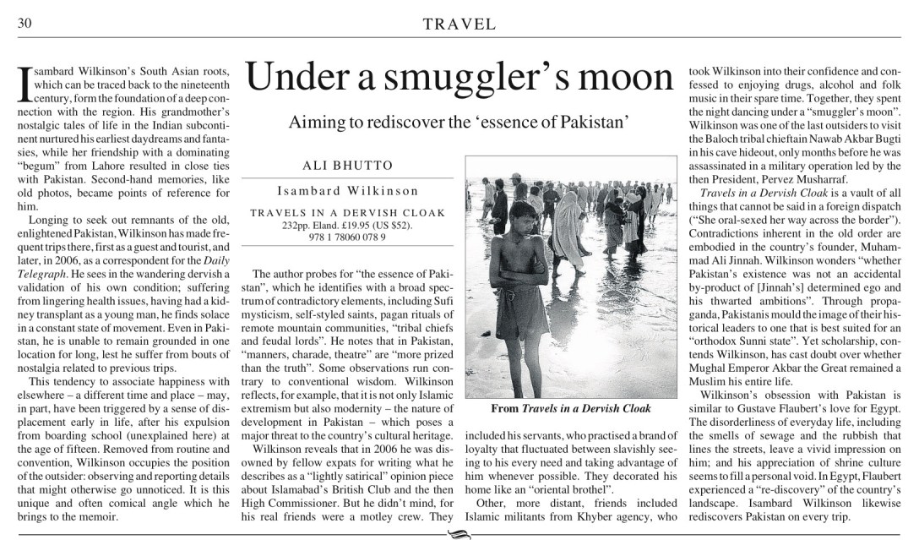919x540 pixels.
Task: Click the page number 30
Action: click(x=24, y=24)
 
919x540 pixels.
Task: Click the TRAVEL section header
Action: click(x=459, y=25)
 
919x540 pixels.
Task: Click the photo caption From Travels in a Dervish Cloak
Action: click(x=571, y=408)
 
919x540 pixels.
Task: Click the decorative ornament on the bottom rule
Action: click(x=459, y=533)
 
